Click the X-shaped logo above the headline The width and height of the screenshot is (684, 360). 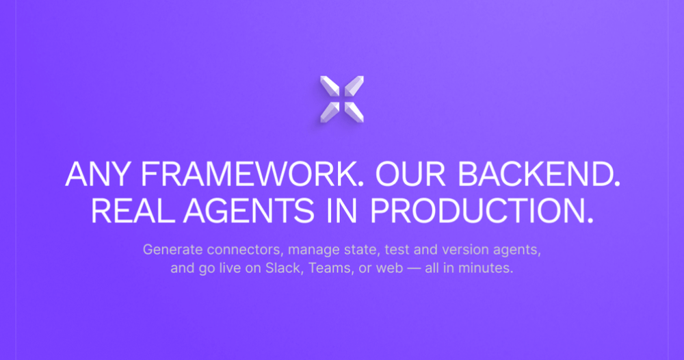pos(342,99)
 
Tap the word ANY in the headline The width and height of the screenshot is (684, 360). pos(98,175)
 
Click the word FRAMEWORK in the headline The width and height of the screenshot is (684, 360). pos(252,175)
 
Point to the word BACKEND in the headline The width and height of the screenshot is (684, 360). pos(538,175)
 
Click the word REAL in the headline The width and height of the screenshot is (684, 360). pos(132,211)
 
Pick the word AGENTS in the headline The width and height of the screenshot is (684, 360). pos(249,211)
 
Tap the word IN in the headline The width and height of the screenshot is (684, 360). pos(342,211)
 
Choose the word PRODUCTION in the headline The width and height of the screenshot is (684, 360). pos(481,211)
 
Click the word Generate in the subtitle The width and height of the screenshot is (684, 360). pos(173,250)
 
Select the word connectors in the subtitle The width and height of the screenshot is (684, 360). pos(245,250)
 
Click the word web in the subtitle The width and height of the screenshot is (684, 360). pos(390,268)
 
